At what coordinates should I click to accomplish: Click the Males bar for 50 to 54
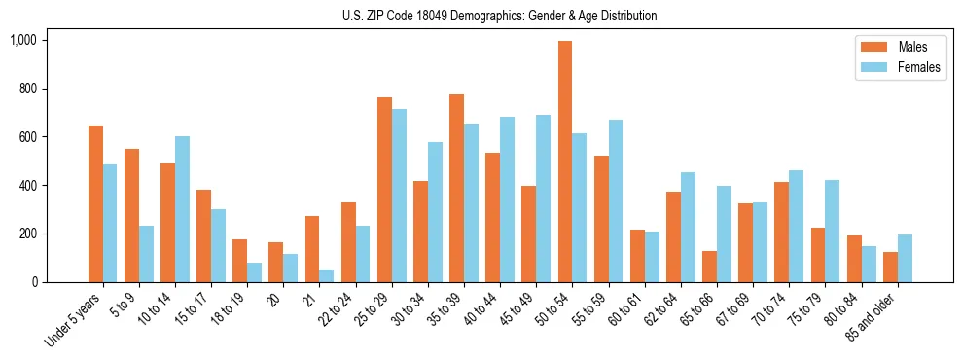point(565,162)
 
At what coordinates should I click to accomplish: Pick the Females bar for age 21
point(327,275)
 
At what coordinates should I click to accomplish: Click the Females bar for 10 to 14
point(182,209)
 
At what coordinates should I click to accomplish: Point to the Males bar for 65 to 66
point(709,267)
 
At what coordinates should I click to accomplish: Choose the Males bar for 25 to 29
point(384,190)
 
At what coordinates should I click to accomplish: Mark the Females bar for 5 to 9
point(146,254)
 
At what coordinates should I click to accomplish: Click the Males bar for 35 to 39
point(456,188)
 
